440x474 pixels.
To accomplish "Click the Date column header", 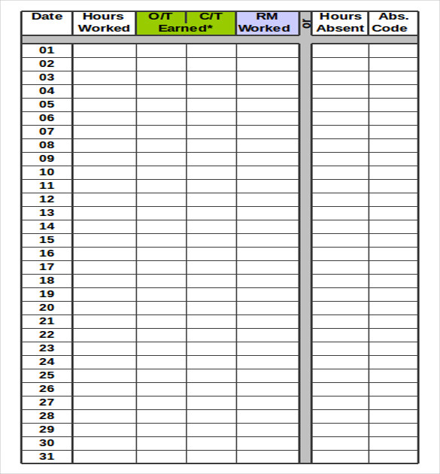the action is (47, 17).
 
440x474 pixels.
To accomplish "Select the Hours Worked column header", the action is (104, 23).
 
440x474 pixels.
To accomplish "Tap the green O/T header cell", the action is (161, 16).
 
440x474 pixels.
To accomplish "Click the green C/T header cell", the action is (211, 16).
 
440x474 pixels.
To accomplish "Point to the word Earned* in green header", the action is (186, 29).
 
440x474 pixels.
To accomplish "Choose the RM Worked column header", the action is (267, 23).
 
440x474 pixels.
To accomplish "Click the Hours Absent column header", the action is (340, 23).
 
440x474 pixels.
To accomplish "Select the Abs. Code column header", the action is (393, 23).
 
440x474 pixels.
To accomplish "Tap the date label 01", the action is (47, 50).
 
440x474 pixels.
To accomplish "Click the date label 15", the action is (47, 240).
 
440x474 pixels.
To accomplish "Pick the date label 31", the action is (47, 457).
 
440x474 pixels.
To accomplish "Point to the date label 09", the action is (47, 159).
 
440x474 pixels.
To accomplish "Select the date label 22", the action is (47, 335).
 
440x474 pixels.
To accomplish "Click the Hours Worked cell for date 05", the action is (105, 105).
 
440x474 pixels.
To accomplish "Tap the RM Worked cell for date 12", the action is (267, 199).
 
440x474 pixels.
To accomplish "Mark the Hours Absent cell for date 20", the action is (340, 308).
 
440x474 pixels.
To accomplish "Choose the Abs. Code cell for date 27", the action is (393, 403).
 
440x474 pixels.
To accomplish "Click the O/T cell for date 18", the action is (161, 281).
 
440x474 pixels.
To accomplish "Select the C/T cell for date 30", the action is (211, 443).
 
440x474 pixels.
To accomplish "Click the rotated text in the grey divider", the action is (305, 24).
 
